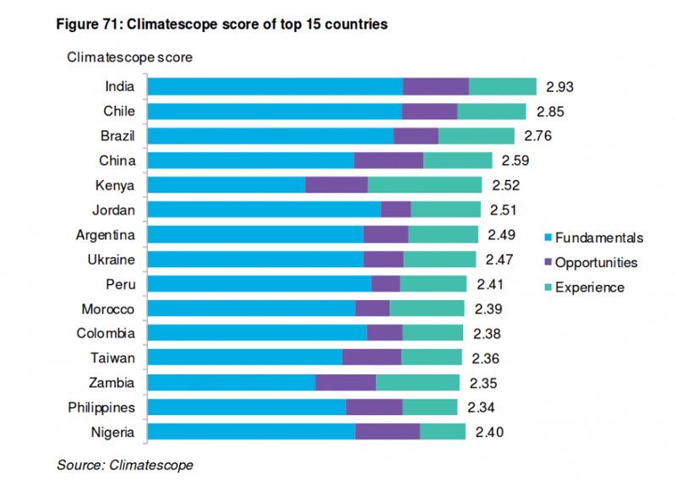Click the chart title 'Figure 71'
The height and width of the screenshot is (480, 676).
(221, 25)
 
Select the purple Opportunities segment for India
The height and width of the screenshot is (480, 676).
(435, 86)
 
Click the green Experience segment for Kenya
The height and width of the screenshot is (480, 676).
(424, 185)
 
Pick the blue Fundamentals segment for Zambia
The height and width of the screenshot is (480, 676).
(232, 383)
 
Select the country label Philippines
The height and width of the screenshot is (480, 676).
(101, 407)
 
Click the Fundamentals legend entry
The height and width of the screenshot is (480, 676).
(592, 238)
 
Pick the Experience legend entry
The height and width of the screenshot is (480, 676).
(583, 287)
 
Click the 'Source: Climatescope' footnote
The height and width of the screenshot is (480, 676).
(125, 465)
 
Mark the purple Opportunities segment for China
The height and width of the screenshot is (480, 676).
(388, 161)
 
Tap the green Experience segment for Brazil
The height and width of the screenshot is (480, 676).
(477, 136)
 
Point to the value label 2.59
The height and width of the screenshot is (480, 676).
(516, 161)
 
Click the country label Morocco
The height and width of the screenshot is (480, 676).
(108, 308)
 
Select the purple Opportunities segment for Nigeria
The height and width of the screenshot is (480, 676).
(387, 432)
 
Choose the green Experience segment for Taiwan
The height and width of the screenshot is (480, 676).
(431, 357)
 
